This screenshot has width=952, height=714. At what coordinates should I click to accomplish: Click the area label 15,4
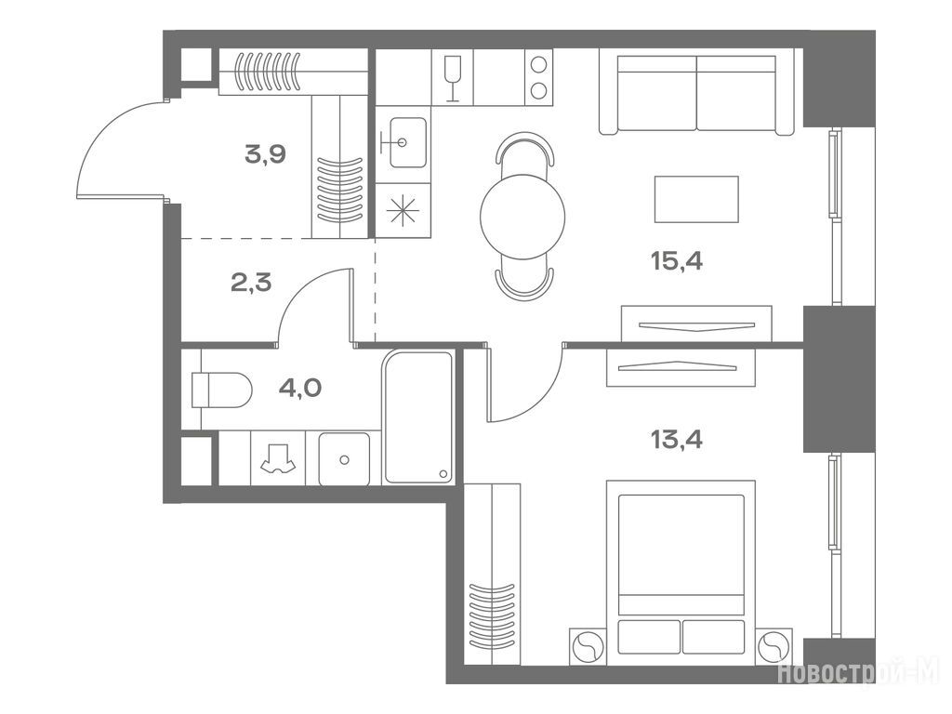(x=677, y=261)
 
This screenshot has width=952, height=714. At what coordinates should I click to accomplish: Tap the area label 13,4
(x=677, y=439)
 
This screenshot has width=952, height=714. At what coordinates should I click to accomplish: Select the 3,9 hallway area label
(x=265, y=155)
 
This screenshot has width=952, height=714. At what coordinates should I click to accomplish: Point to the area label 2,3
(x=251, y=283)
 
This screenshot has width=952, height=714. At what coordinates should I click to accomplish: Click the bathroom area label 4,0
(x=300, y=388)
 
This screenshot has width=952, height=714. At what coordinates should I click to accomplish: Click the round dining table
(x=522, y=217)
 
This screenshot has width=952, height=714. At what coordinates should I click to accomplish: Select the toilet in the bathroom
(x=221, y=390)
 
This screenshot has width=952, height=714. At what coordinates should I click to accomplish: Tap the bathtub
(x=418, y=417)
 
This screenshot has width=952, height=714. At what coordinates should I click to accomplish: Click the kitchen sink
(x=407, y=142)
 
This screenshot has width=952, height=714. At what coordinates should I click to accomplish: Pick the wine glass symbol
(x=453, y=78)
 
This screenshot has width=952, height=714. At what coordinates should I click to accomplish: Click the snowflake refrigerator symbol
(x=403, y=211)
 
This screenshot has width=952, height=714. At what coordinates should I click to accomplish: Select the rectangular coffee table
(x=696, y=199)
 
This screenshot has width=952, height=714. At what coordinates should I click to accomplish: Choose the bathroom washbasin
(x=344, y=459)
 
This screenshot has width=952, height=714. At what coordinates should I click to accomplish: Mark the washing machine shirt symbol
(x=278, y=457)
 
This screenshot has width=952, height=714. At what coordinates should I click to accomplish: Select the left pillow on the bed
(x=648, y=636)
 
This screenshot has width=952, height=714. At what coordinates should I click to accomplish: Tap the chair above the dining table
(x=526, y=149)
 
